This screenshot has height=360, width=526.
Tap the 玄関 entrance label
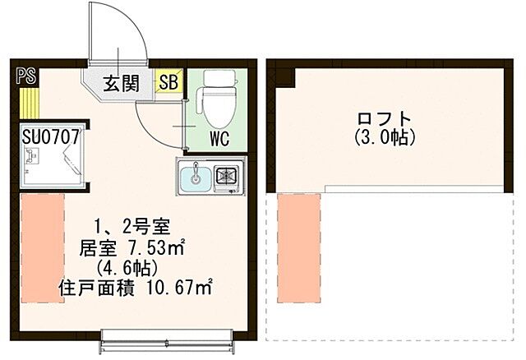(x=121, y=82)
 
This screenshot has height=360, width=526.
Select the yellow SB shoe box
(x=168, y=81)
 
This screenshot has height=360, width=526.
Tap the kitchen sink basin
(x=196, y=176)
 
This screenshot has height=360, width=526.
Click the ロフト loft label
(x=384, y=118)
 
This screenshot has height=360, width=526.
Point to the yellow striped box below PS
(x=28, y=103)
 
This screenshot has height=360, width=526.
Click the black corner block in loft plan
(x=284, y=76)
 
